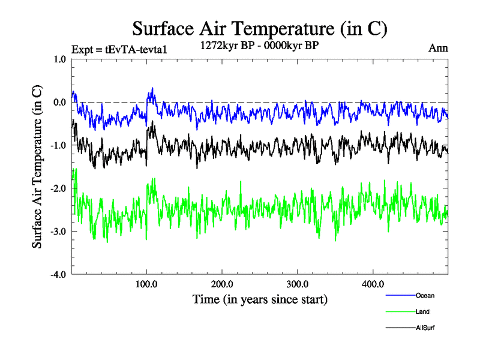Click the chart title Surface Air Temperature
pos(260,28)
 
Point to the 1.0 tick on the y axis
pos(60,59)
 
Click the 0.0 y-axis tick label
pos(60,102)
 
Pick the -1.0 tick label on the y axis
pos(58,145)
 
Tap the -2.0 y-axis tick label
pos(58,188)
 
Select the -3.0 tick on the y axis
pos(58,232)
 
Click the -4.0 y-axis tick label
pos(58,275)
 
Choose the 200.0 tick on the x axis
pos(222,284)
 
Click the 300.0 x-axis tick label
pos(298,284)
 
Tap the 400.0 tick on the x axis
pos(373,284)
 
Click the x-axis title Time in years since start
pos(260,299)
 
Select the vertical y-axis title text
pos(37,167)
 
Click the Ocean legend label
pos(425,295)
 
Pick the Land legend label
pos(422,311)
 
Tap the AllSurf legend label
pos(425,328)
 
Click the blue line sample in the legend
pos(400,295)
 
